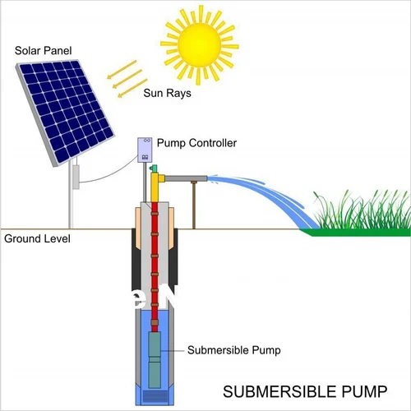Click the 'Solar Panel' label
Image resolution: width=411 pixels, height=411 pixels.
point(42,51)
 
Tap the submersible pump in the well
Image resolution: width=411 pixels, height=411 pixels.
point(155,358)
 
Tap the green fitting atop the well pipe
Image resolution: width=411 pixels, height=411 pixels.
point(153,169)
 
